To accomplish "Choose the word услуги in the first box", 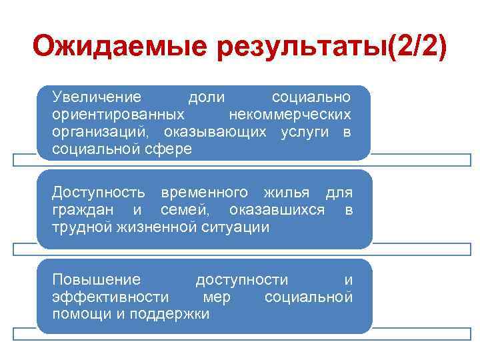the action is tap(305, 132).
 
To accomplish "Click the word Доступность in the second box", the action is tap(99, 193).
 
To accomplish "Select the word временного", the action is tap(204, 193).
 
